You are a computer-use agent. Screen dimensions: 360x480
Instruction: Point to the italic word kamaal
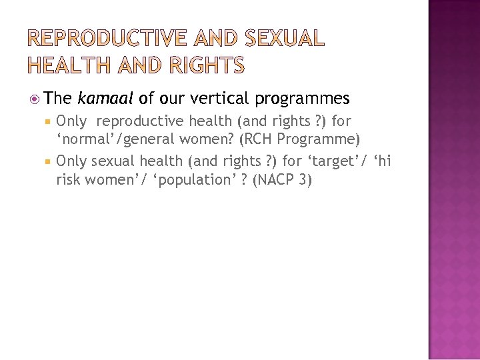(x=105, y=99)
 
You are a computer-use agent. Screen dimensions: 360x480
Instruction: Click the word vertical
(x=219, y=99)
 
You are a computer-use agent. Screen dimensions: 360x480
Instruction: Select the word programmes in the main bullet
(x=301, y=99)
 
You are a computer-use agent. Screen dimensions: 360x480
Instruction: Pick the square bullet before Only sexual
(x=49, y=162)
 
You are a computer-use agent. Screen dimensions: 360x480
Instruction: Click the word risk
(x=69, y=179)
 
